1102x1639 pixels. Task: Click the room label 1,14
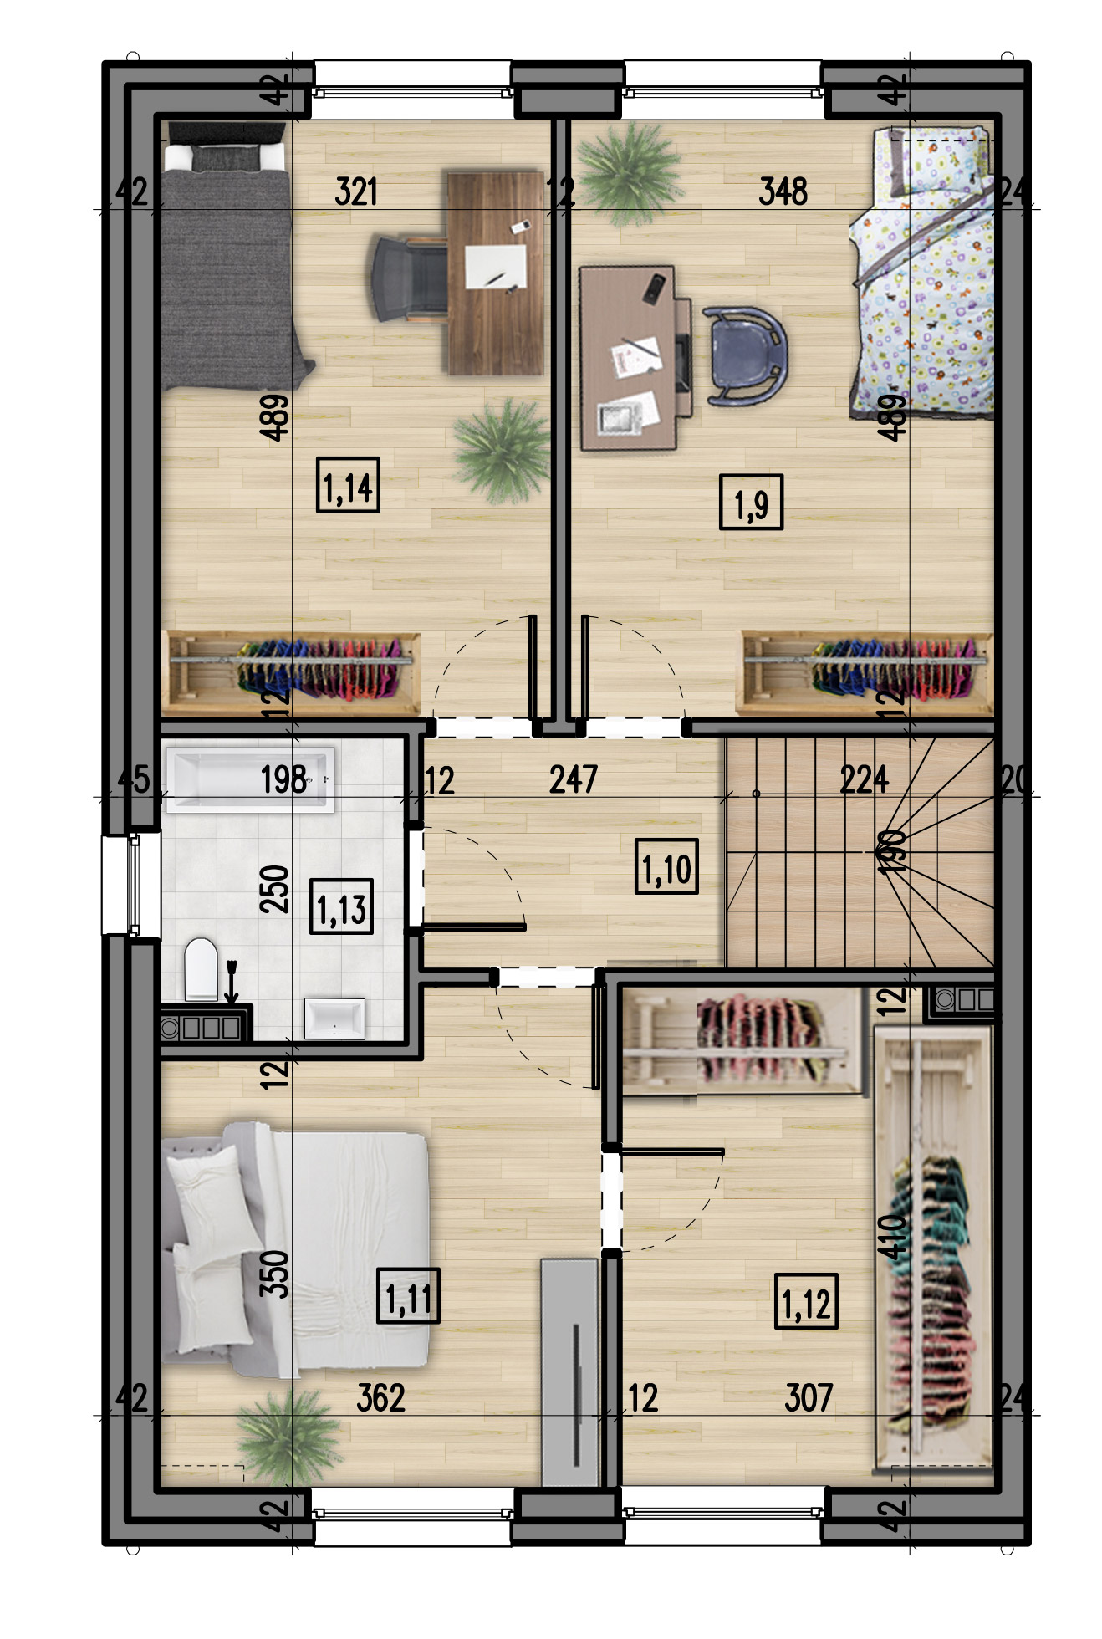pyautogui.click(x=348, y=485)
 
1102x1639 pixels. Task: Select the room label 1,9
pyautogui.click(x=751, y=503)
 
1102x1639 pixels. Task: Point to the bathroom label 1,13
pyautogui.click(x=341, y=906)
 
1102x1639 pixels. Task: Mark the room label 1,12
pyautogui.click(x=806, y=1301)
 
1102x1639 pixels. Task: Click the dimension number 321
pyautogui.click(x=356, y=191)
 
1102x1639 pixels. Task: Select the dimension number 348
pyautogui.click(x=783, y=191)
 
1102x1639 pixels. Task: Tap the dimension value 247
pyautogui.click(x=574, y=779)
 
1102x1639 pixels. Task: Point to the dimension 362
pyautogui.click(x=380, y=1398)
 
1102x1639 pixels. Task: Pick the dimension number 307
pyautogui.click(x=809, y=1398)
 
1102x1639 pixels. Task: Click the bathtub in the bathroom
pyautogui.click(x=250, y=779)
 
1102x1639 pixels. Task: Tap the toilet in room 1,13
pyautogui.click(x=201, y=969)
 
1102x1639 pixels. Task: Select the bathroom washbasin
pyautogui.click(x=334, y=1019)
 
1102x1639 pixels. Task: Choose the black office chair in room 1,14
pyautogui.click(x=409, y=278)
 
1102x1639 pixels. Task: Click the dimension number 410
pyautogui.click(x=892, y=1237)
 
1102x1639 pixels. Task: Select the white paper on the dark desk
pyautogui.click(x=496, y=266)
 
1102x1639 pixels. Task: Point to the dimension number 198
pyautogui.click(x=283, y=779)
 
